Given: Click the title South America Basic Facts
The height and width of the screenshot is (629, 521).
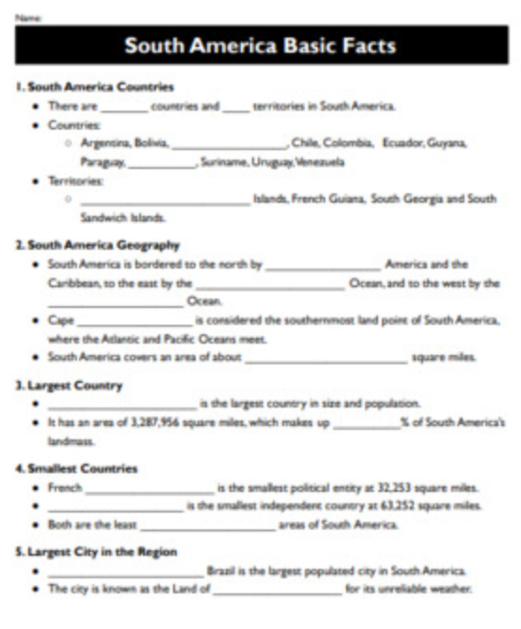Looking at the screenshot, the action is [x=260, y=46].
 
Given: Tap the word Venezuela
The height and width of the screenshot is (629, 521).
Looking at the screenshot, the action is [x=307, y=161].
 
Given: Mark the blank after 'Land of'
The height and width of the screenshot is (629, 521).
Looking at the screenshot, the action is [x=277, y=590].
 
